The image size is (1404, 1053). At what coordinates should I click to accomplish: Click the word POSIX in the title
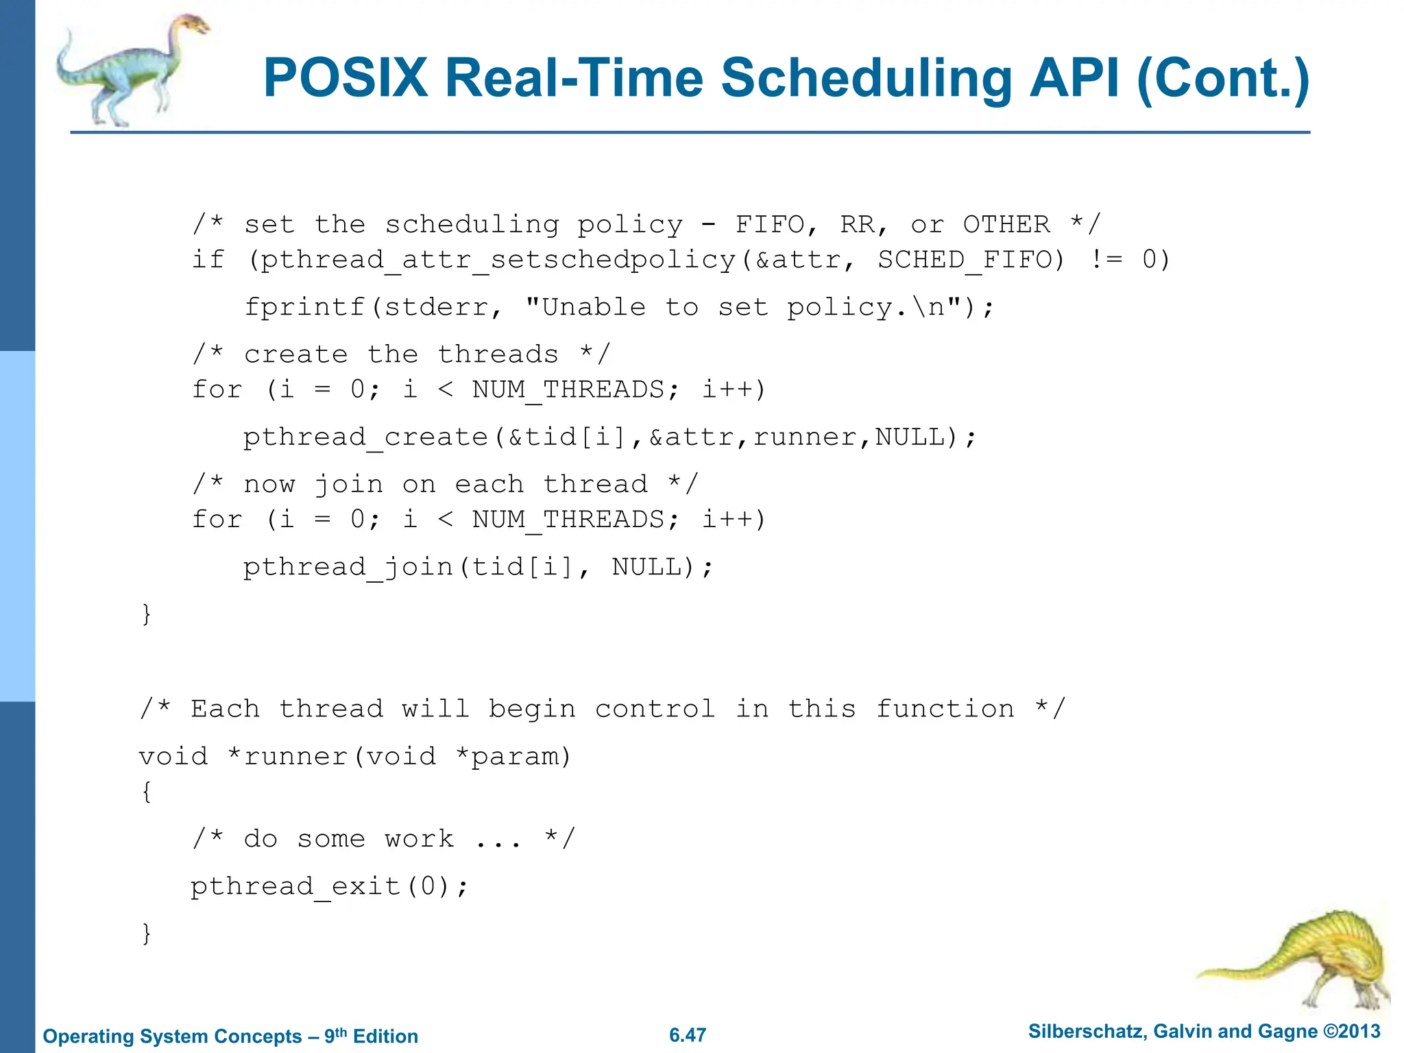click(x=346, y=77)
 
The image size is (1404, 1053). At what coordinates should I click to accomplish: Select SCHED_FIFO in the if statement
click(x=971, y=260)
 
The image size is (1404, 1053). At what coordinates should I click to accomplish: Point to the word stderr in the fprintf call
click(x=436, y=307)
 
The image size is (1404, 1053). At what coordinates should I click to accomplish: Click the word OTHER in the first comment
click(x=1006, y=224)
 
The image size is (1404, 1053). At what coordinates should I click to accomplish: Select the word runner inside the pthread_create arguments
click(x=805, y=437)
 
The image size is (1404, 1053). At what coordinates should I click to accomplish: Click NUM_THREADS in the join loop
click(x=568, y=520)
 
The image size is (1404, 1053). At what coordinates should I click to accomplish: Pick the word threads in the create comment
click(x=498, y=354)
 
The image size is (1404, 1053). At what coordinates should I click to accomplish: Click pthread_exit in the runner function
click(x=295, y=886)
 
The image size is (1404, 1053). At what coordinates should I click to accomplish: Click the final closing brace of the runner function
click(x=146, y=933)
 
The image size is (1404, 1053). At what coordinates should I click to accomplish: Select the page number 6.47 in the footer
click(x=687, y=1035)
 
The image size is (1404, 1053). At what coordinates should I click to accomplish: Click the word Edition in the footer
click(x=385, y=1037)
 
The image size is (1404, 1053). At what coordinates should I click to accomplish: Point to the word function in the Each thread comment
click(x=945, y=709)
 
